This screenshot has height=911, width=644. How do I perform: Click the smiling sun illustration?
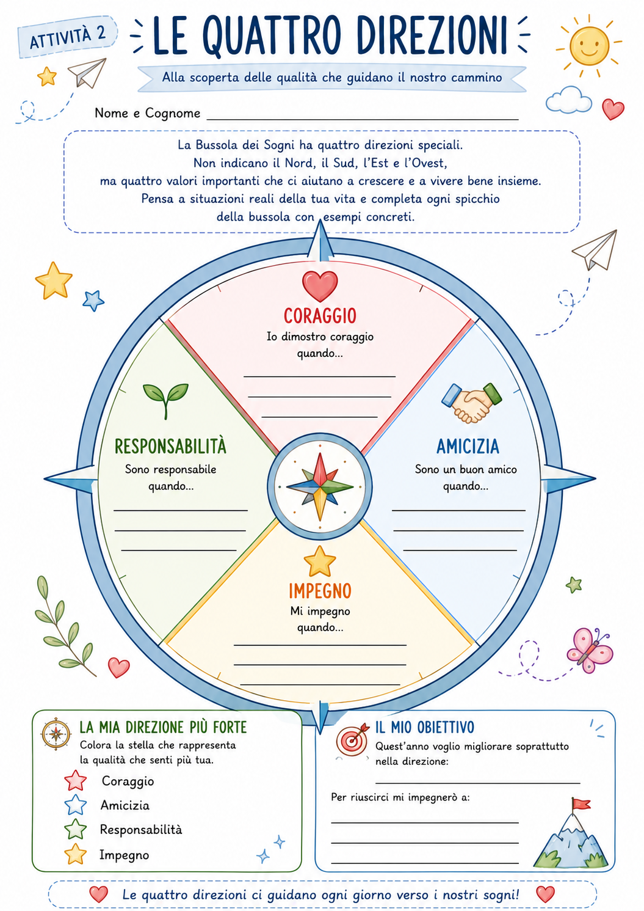click(x=588, y=46)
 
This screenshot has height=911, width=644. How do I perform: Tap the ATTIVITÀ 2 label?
click(x=68, y=37)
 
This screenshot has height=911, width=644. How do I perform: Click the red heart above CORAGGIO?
click(x=320, y=285)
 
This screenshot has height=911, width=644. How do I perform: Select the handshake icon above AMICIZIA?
click(x=471, y=402)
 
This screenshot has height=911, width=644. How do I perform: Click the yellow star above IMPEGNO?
click(x=320, y=562)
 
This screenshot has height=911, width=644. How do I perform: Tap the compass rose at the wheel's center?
click(x=320, y=486)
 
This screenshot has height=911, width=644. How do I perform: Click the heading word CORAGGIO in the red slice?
click(x=320, y=316)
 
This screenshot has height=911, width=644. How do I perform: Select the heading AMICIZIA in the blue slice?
click(x=468, y=447)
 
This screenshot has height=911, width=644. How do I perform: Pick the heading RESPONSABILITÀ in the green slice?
click(x=170, y=446)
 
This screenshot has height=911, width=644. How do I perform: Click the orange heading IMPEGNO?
click(x=320, y=591)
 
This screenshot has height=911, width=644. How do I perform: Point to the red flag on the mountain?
click(x=581, y=804)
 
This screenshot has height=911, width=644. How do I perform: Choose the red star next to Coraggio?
click(x=76, y=780)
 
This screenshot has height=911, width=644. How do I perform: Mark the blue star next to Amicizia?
click(x=76, y=805)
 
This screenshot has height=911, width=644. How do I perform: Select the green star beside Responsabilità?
click(x=76, y=829)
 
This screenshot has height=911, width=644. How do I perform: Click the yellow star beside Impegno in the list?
click(x=76, y=854)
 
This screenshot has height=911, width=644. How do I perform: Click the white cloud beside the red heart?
click(x=568, y=99)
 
